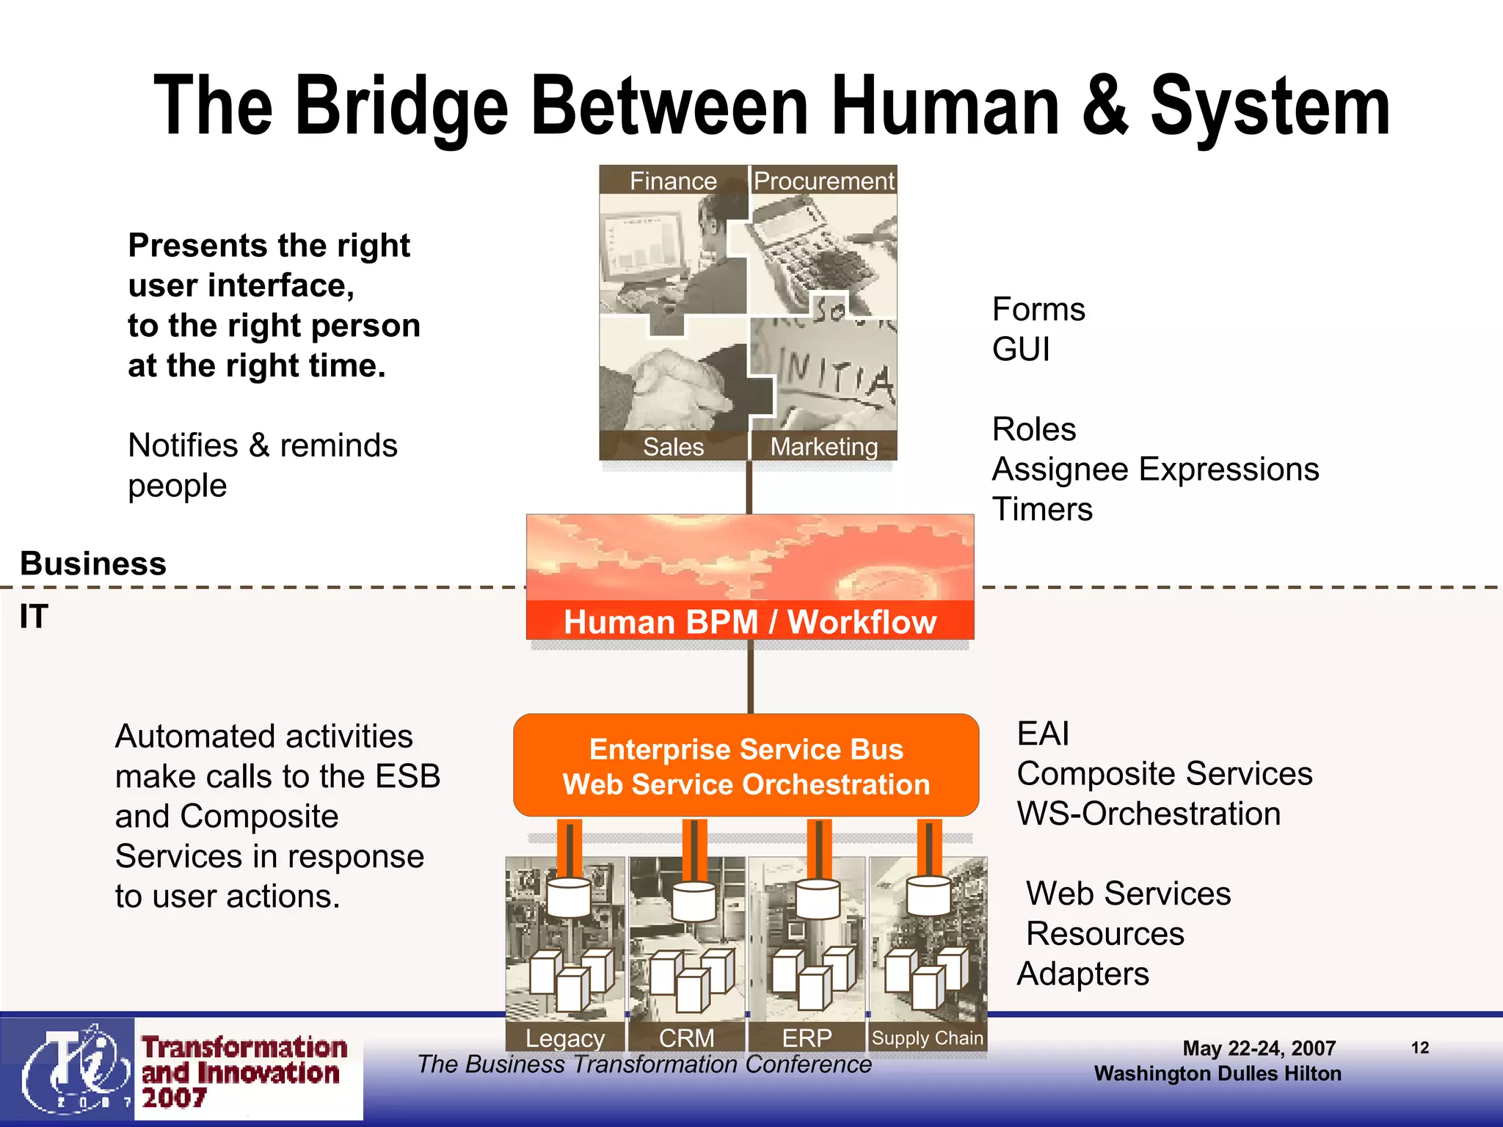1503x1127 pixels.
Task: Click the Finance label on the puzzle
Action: click(x=673, y=180)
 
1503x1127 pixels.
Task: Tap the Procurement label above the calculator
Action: click(x=823, y=180)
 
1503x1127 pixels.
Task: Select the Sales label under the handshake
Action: click(x=673, y=446)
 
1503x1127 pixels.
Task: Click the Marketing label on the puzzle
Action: click(x=823, y=446)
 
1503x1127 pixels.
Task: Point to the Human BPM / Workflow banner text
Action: click(x=750, y=621)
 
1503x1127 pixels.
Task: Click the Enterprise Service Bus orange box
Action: click(x=746, y=765)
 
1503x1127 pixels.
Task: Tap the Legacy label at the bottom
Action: click(x=565, y=1037)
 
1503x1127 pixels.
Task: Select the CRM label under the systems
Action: click(x=686, y=1037)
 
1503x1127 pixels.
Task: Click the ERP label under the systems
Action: click(x=807, y=1037)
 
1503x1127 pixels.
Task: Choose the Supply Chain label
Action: click(x=927, y=1037)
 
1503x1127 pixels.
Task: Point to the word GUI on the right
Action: click(x=1021, y=349)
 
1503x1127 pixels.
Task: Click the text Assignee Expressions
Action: click(x=1155, y=469)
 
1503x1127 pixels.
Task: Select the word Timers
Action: click(x=1042, y=509)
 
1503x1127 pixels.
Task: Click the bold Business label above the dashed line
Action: click(x=93, y=563)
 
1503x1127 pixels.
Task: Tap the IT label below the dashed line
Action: click(x=34, y=616)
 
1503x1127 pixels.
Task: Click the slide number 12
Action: click(x=1420, y=1047)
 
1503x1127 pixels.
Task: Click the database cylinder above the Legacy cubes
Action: click(x=569, y=897)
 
